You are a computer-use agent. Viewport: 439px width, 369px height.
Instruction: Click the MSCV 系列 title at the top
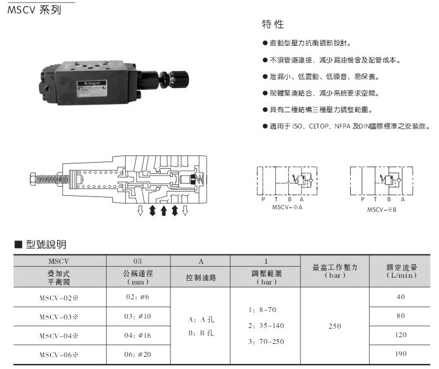pos(34,10)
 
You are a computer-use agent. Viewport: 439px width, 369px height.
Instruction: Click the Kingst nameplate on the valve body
pos(92,89)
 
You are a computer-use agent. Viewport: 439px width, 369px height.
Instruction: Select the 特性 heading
pos(273,24)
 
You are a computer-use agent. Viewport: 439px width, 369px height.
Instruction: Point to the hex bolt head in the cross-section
pos(32,179)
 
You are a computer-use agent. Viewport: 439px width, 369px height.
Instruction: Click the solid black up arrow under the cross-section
pos(164,211)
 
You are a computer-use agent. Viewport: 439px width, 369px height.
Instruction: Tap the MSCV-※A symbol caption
pos(288,207)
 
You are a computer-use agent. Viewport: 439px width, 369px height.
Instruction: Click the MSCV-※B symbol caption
pos(381,210)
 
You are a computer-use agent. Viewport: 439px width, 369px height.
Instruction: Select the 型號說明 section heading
pos(46,244)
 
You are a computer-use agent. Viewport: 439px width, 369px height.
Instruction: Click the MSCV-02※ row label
pos(59,298)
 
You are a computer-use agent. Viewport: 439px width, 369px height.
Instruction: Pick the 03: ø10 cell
pos(137,316)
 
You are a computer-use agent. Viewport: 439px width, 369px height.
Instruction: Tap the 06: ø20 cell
pos(137,354)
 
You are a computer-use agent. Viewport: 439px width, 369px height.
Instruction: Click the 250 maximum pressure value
pos(335,326)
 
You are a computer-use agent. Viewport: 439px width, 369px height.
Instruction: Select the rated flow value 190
pos(400,354)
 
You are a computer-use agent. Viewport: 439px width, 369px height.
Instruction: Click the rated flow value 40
pos(400,297)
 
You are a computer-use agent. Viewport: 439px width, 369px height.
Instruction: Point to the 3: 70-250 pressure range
pos(266,341)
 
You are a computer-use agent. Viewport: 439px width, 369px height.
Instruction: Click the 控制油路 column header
pos(201,277)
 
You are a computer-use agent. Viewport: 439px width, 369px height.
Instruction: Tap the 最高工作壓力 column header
pos(335,267)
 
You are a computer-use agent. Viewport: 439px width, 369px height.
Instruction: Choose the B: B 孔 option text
pos(201,333)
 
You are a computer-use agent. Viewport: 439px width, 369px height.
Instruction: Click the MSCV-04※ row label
pos(59,336)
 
